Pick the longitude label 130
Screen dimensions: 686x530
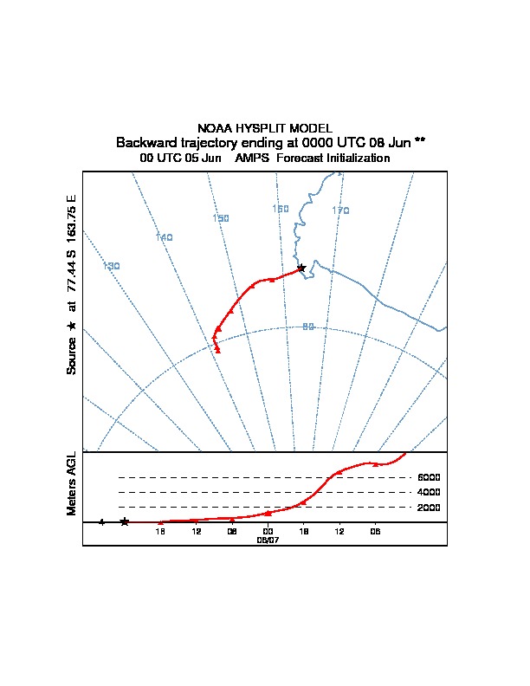point(111,266)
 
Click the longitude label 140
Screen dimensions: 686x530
point(165,237)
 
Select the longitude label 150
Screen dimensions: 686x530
point(221,218)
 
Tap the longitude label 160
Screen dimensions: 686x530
point(281,209)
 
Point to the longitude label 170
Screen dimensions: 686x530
point(340,210)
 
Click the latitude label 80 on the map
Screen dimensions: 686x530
point(308,327)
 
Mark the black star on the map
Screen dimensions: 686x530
point(301,268)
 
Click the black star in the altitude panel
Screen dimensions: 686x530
point(125,521)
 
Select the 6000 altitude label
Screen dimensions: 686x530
point(429,477)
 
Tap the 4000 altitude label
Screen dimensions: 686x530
point(429,492)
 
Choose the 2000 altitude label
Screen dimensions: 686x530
point(429,508)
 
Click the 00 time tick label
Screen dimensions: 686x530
point(268,531)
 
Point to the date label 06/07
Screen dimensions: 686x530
point(268,540)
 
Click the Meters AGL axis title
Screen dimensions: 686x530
point(72,483)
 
